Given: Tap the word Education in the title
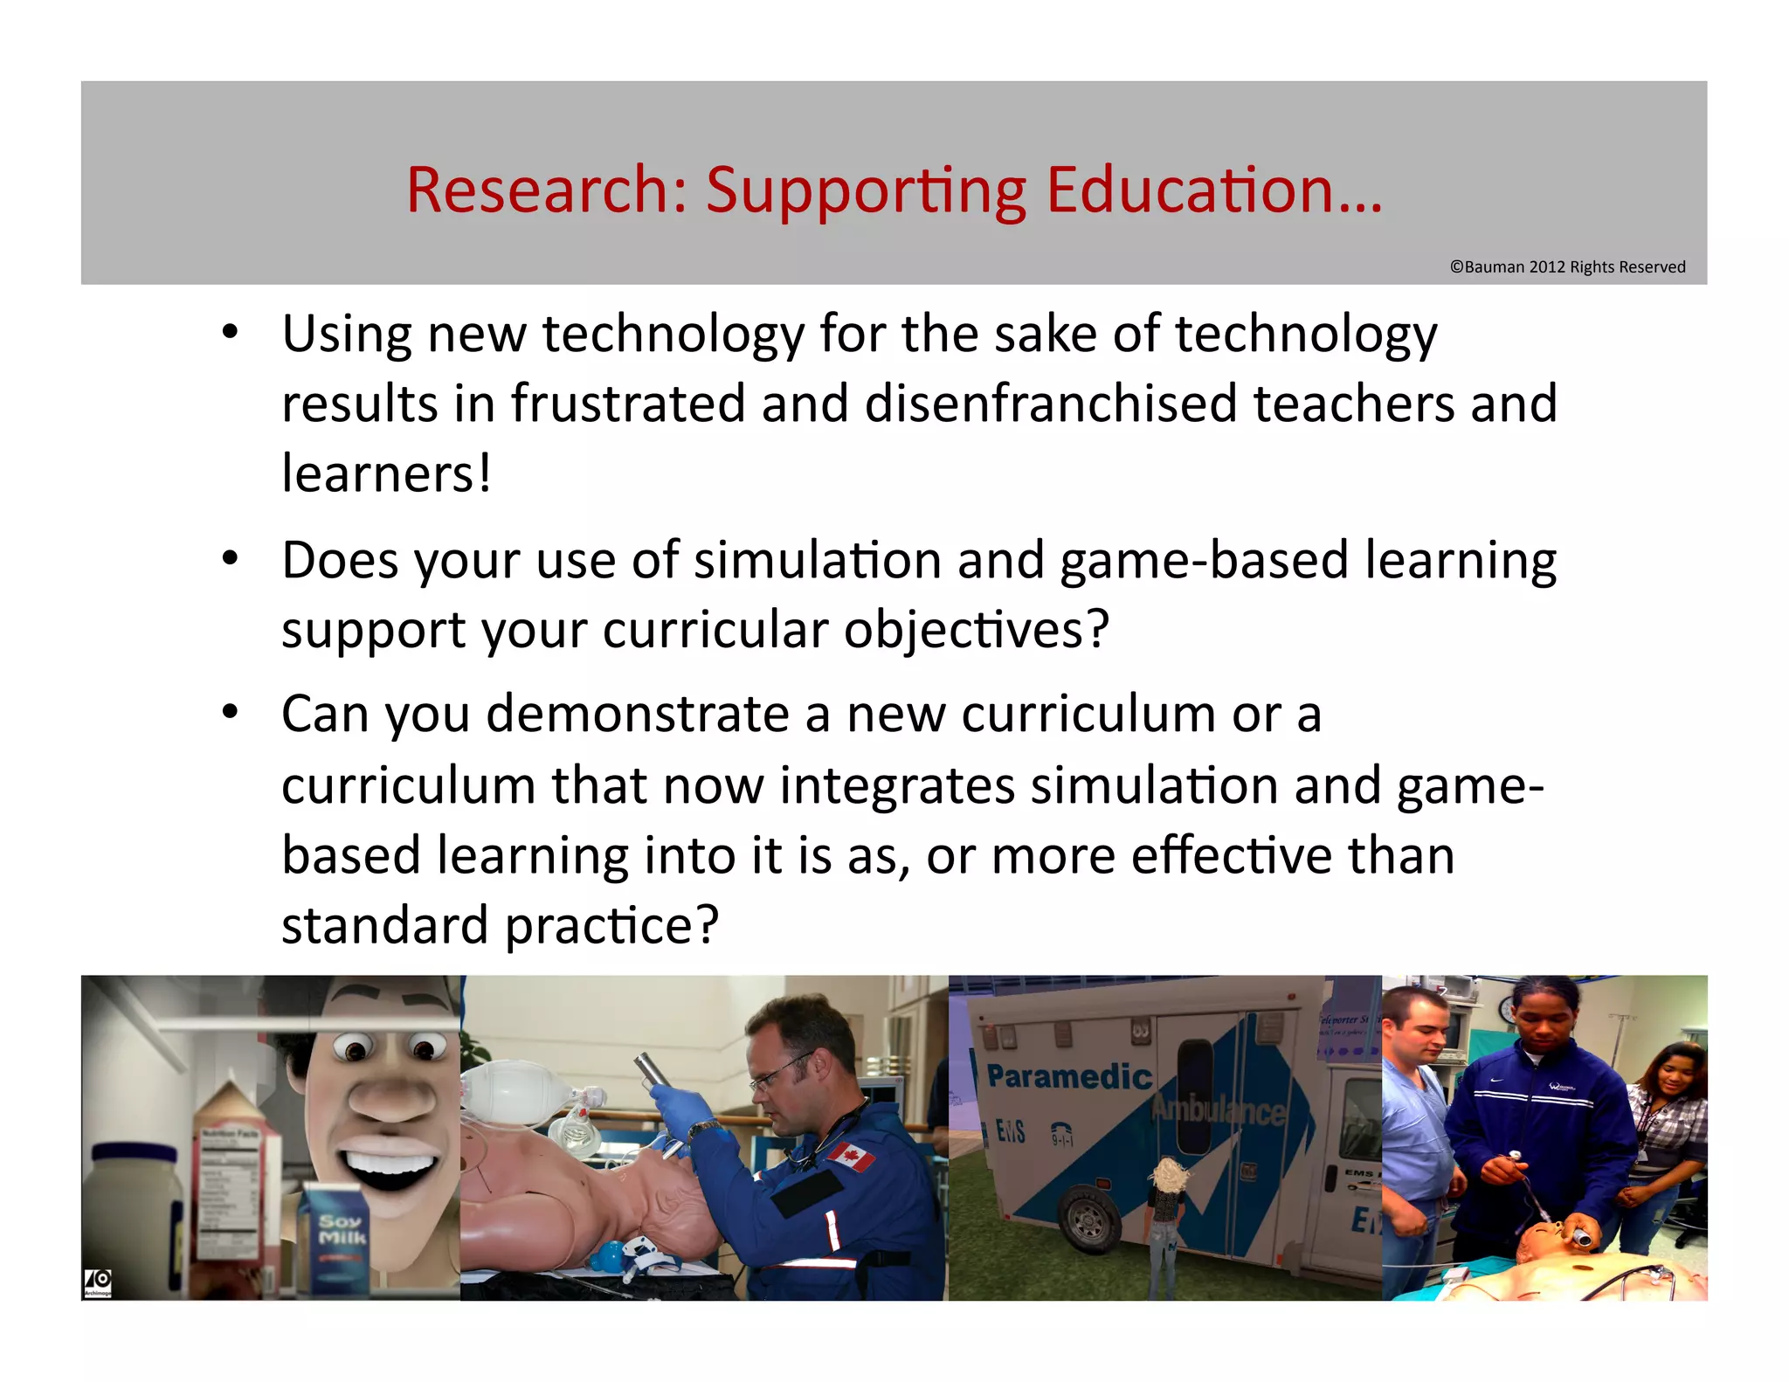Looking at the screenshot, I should tap(1190, 190).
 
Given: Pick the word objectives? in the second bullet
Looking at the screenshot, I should tap(976, 630).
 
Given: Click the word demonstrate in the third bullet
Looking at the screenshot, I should tap(638, 715).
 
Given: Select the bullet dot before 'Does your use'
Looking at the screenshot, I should tap(230, 558).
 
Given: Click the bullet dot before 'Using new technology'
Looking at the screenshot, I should tap(230, 332).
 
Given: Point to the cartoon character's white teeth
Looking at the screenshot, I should tap(390, 1162).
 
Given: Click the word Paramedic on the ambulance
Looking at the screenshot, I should tap(1069, 1076).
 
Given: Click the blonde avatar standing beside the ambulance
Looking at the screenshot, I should tap(1165, 1223).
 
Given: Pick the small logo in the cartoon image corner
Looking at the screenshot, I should tap(98, 1282).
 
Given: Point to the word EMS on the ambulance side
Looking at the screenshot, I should tap(1011, 1132).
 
